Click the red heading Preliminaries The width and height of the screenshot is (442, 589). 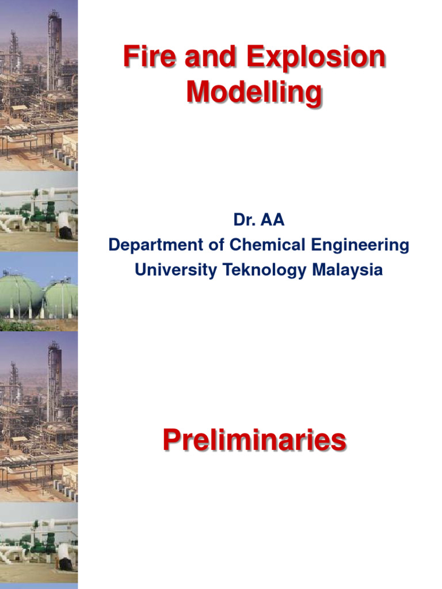point(254,441)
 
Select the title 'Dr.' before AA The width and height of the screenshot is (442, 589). point(244,219)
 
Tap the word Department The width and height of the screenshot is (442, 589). point(155,245)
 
